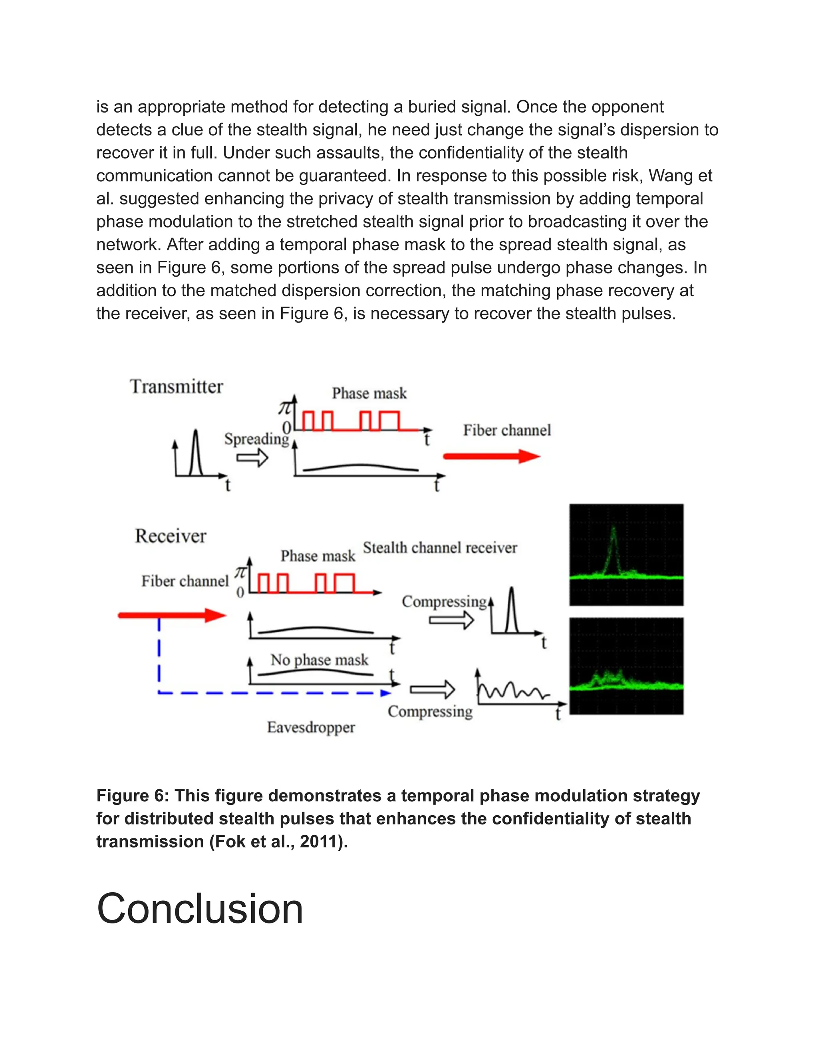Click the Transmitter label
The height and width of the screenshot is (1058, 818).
point(177,386)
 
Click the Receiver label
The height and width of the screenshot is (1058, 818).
point(171,536)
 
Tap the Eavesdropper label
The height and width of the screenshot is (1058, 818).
point(311,727)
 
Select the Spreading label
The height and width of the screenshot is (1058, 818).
point(256,439)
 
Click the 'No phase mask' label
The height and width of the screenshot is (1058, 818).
point(320,660)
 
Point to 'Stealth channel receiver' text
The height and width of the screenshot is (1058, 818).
point(440,548)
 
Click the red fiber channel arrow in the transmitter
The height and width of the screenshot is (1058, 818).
point(491,456)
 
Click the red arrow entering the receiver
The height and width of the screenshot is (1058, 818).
point(172,615)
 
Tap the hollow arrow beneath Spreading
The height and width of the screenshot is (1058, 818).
point(252,457)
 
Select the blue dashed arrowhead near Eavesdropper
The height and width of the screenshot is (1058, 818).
point(386,693)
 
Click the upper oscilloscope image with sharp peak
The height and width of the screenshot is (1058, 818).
point(626,555)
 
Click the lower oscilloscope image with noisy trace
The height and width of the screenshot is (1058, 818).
point(626,666)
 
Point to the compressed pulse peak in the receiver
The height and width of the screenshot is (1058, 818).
point(511,591)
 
